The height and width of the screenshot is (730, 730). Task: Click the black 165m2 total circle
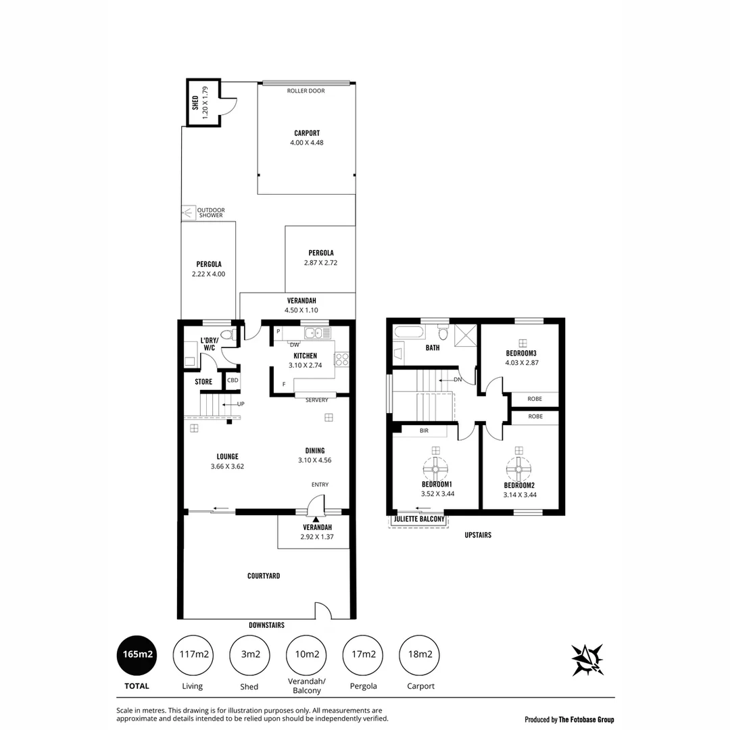137,655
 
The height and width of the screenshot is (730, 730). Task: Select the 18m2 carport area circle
420,655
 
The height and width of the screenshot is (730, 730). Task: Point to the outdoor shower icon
188,213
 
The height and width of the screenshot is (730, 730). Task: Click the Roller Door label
306,91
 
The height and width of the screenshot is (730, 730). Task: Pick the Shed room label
195,103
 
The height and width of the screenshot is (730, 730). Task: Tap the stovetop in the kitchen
341,359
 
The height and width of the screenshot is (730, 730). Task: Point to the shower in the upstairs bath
464,335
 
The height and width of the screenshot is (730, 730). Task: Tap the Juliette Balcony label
419,519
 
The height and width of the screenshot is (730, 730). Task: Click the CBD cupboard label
233,381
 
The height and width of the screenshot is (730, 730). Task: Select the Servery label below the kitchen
316,400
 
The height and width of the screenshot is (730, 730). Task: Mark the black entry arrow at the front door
316,518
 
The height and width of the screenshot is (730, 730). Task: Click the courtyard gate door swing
323,610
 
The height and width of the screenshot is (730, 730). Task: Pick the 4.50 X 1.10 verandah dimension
301,311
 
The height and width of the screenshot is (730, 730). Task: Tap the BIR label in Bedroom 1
424,430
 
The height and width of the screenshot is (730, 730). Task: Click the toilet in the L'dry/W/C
226,334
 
